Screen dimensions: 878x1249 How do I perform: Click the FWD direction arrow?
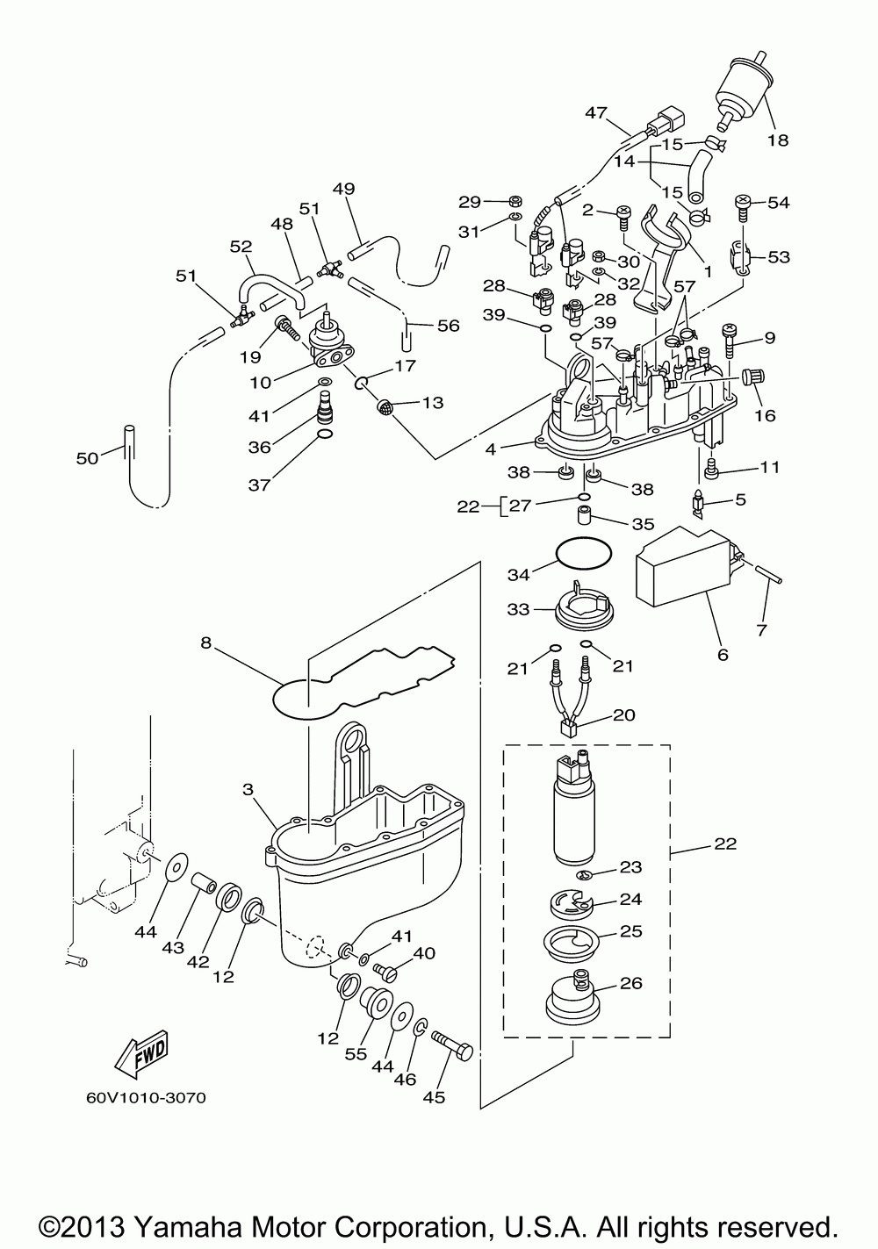point(141,1054)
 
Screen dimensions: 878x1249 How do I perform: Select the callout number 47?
point(596,112)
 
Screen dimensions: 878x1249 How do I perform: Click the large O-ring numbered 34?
point(584,553)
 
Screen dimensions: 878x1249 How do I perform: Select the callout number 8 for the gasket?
point(205,642)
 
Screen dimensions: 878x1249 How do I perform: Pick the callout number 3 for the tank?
point(248,789)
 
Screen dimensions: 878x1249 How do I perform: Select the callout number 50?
point(87,458)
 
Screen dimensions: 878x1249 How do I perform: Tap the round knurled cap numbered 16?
point(752,377)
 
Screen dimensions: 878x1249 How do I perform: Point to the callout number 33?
point(518,609)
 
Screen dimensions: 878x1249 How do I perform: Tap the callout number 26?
point(631,982)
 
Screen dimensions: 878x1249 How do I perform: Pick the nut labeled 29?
point(516,201)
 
